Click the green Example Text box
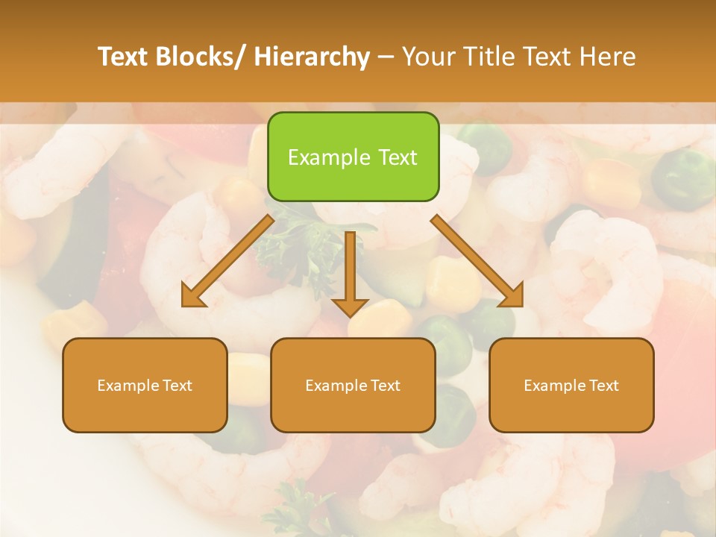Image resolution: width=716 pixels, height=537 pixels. click(x=353, y=157)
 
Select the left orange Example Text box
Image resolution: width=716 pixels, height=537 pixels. click(x=145, y=386)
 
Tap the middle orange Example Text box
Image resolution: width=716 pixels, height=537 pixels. click(x=353, y=386)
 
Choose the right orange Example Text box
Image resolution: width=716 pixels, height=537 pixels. click(x=571, y=386)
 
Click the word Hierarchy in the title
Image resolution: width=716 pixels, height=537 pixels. click(x=312, y=57)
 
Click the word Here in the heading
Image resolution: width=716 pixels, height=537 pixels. click(x=608, y=57)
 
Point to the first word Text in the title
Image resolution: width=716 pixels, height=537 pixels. click(x=124, y=57)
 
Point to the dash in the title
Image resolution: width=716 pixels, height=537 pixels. click(x=386, y=57)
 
